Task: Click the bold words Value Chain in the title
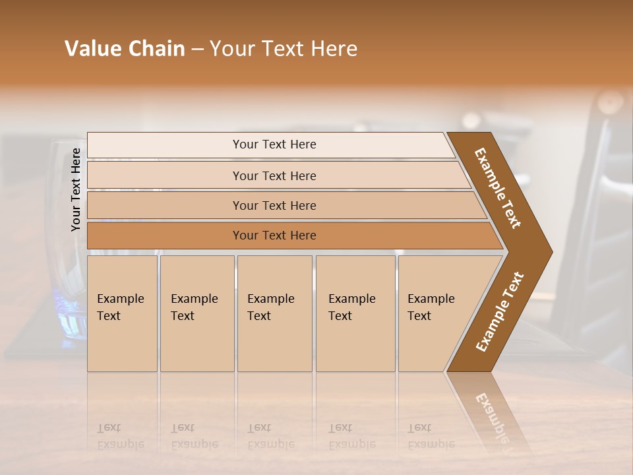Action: coord(125,49)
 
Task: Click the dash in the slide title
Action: coord(197,49)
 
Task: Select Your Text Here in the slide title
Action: coord(284,49)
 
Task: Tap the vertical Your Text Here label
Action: coord(76,190)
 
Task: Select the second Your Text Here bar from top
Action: coord(274,175)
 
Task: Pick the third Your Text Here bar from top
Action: coord(274,205)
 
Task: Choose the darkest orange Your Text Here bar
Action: coord(274,236)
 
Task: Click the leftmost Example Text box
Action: coord(122,313)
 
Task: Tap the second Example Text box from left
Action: coord(196,313)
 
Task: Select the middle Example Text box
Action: coord(274,313)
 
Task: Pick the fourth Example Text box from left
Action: coord(355,313)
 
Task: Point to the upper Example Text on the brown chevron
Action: coord(498,188)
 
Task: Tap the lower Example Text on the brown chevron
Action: coord(500,312)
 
